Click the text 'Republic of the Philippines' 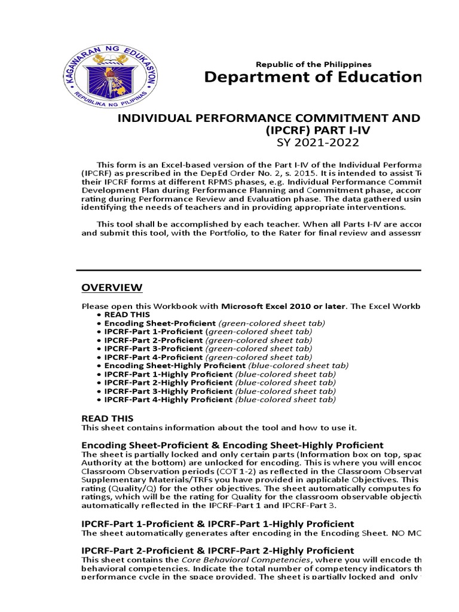[x=313, y=64]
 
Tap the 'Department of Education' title [x=313, y=78]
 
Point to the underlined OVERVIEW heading [x=112, y=288]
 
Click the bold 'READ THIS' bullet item [x=127, y=314]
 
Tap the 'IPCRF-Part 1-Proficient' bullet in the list [x=153, y=331]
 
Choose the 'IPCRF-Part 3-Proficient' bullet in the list [x=153, y=348]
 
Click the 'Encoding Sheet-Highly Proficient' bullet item [x=175, y=365]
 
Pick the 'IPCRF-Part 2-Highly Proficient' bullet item [x=168, y=382]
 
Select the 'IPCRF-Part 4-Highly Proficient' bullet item [x=168, y=399]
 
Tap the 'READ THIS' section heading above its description [x=108, y=418]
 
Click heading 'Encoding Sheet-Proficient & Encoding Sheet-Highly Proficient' [x=232, y=445]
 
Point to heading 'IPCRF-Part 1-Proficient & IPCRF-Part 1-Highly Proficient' [x=218, y=524]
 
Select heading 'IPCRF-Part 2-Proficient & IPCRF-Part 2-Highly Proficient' [x=218, y=550]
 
